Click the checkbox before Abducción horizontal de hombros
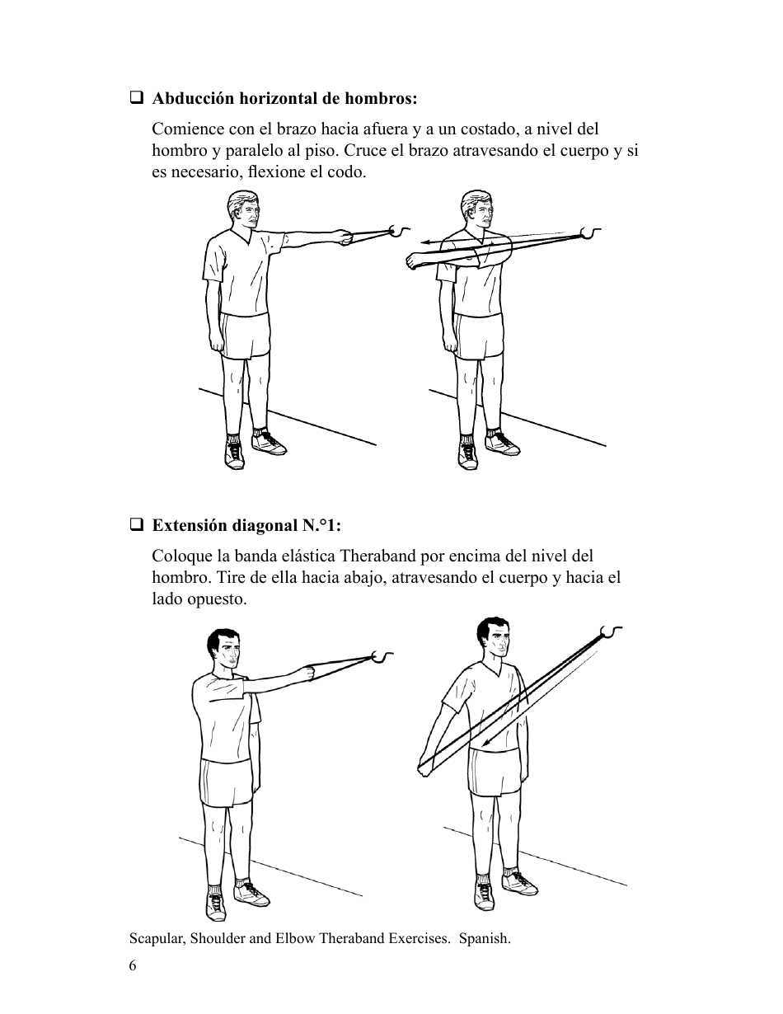tap(136, 99)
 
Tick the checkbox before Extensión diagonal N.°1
tap(136, 525)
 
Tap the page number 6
tap(133, 966)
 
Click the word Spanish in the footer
tap(485, 938)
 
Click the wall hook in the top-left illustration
tap(400, 230)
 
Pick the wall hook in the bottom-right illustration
tap(611, 631)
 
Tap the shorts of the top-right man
tap(478, 336)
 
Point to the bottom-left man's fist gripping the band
tap(311, 673)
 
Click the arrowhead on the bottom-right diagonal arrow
tap(487, 747)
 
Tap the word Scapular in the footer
tap(157, 938)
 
